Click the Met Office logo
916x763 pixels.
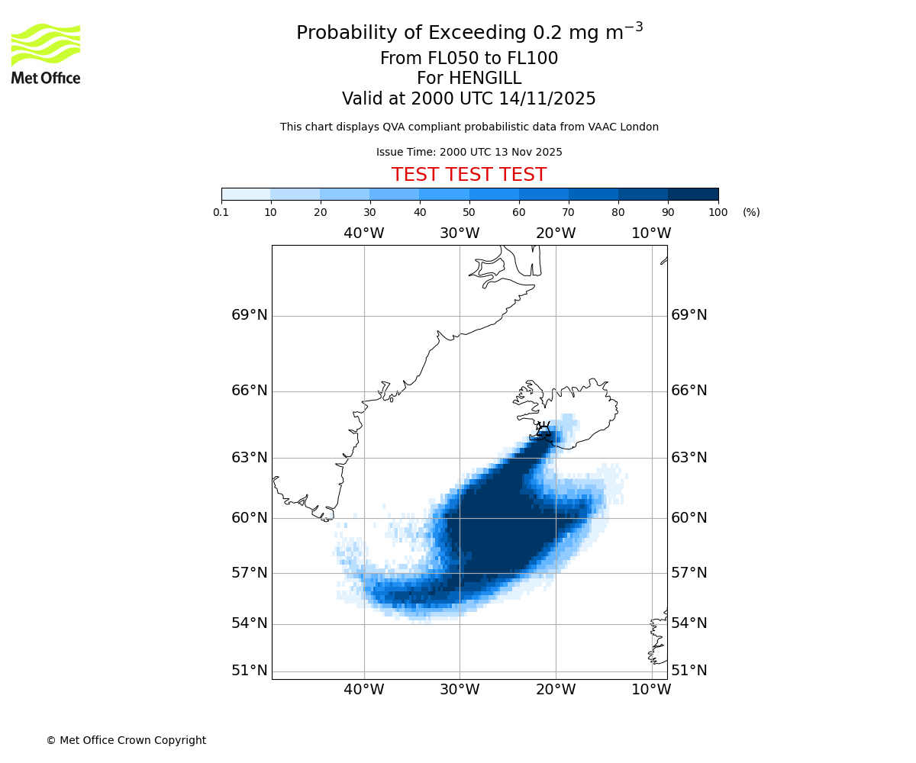(x=46, y=53)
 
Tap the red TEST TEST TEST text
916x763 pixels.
(x=469, y=175)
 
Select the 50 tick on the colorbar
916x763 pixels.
(x=469, y=212)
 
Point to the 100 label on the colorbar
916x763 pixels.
(x=718, y=212)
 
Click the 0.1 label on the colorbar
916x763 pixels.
(x=221, y=212)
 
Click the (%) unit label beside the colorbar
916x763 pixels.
(x=751, y=212)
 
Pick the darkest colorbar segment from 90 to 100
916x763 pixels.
(x=693, y=194)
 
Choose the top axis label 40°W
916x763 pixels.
(x=364, y=233)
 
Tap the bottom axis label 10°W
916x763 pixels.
(x=651, y=690)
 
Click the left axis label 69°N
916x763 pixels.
(x=250, y=315)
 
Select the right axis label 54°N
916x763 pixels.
(x=689, y=623)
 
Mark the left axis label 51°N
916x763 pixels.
(x=250, y=671)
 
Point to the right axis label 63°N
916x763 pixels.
(x=689, y=458)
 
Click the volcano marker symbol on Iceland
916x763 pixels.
(x=543, y=430)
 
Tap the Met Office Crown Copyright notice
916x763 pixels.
(x=126, y=740)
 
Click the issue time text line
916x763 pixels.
(x=469, y=152)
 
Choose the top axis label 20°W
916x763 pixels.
(x=556, y=233)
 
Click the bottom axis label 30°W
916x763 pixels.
(x=460, y=690)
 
